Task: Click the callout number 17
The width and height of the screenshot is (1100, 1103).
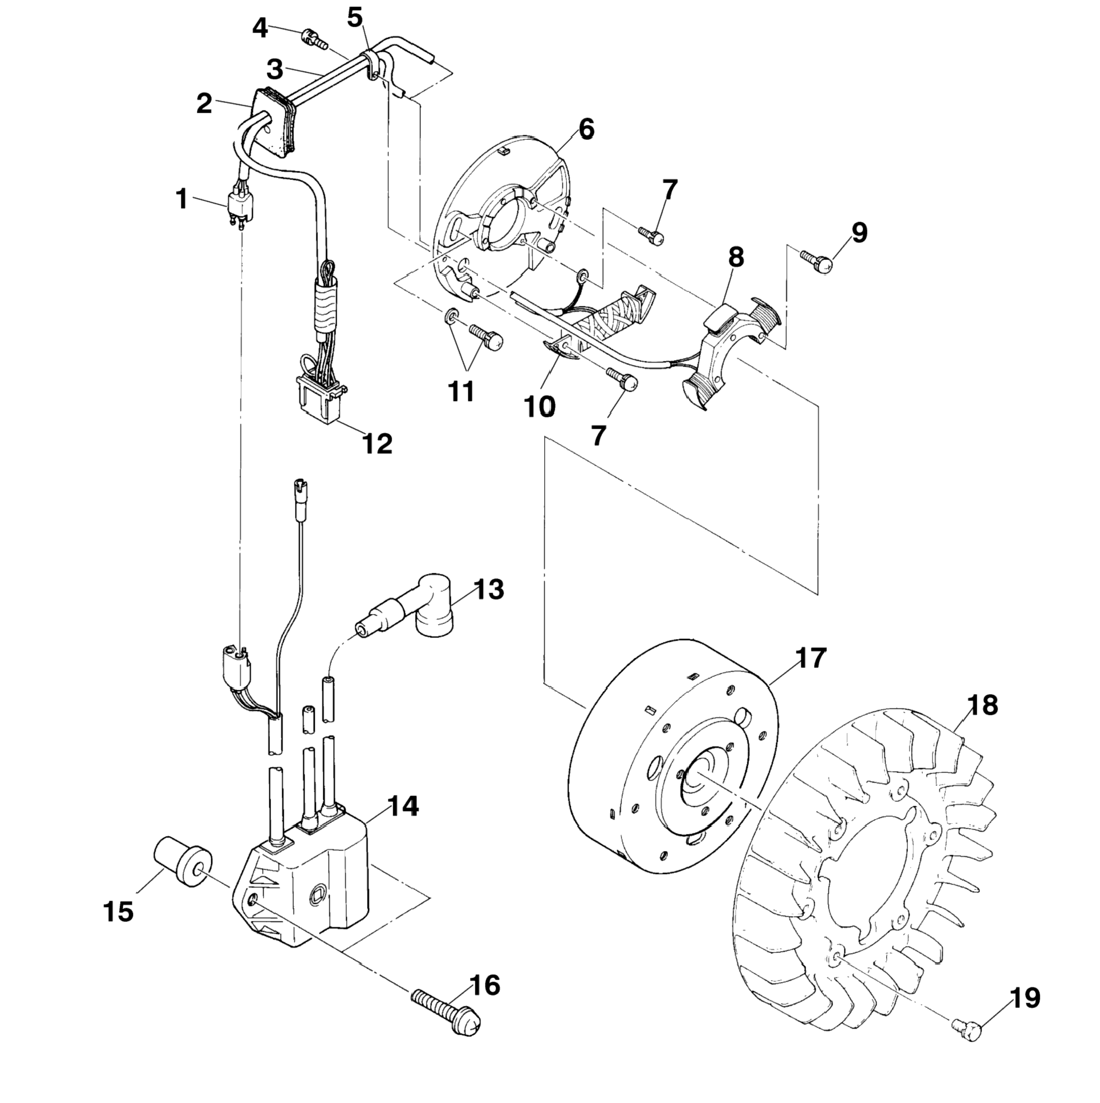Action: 810,658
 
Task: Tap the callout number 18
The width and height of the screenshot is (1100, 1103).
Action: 982,705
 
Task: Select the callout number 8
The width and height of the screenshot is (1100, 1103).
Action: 736,257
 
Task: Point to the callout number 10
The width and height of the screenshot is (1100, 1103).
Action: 539,406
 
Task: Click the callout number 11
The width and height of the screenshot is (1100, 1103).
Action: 461,392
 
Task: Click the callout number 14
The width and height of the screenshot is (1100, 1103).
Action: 403,806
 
